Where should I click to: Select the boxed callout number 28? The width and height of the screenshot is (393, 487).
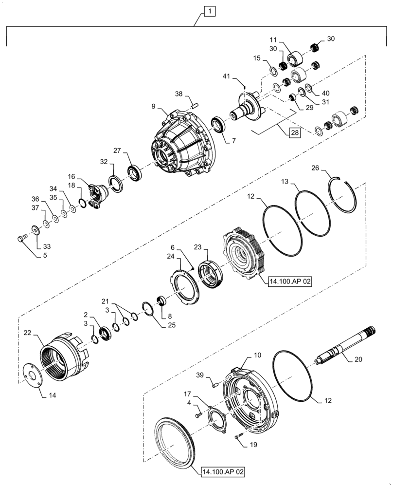295,132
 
